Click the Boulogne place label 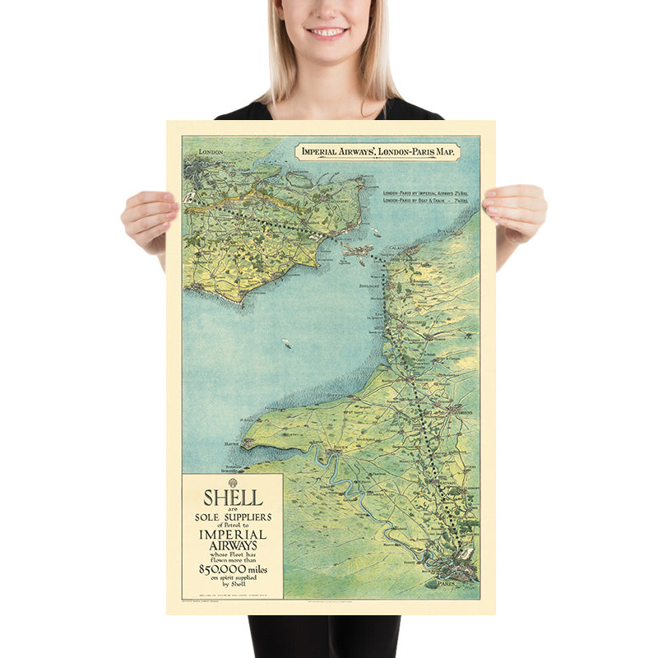372,286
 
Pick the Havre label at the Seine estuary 230,443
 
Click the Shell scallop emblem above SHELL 233,483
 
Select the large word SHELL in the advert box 233,498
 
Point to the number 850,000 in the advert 233,568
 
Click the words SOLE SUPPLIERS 233,517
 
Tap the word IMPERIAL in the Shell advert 233,535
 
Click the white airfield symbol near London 192,197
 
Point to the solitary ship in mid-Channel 286,342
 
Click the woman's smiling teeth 328,32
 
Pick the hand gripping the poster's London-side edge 149,217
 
